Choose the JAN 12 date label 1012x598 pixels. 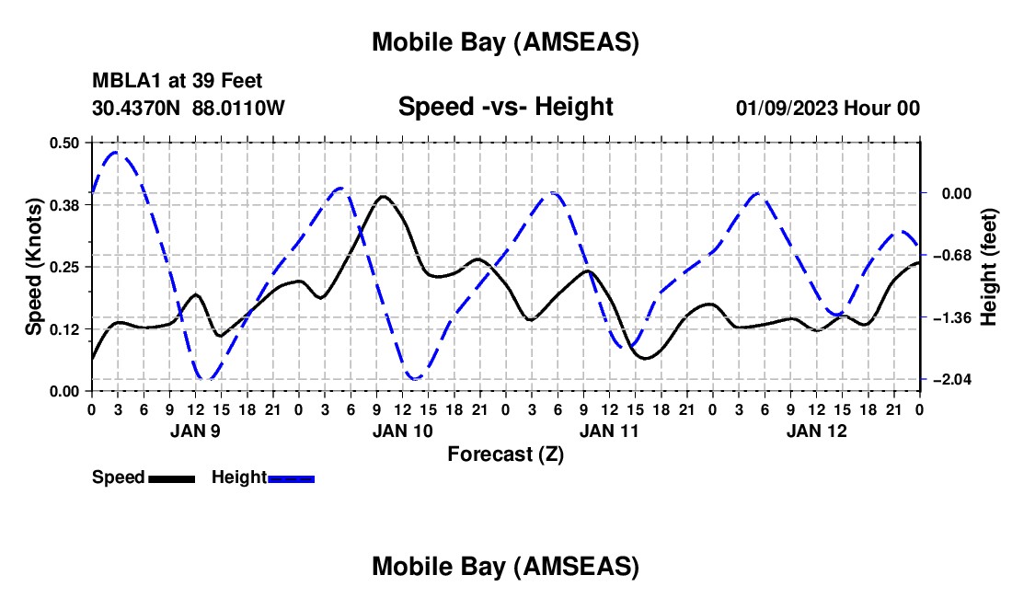tap(816, 430)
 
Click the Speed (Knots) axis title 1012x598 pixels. tap(33, 267)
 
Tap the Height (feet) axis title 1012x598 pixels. tap(989, 267)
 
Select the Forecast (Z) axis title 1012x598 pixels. tap(505, 454)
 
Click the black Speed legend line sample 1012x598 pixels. tap(171, 478)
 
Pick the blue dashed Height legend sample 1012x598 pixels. tap(292, 478)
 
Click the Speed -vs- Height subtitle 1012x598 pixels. tap(505, 107)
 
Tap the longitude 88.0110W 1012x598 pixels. tap(238, 109)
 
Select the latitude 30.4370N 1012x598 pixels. tap(137, 109)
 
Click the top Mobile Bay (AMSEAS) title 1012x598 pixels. tap(505, 42)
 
